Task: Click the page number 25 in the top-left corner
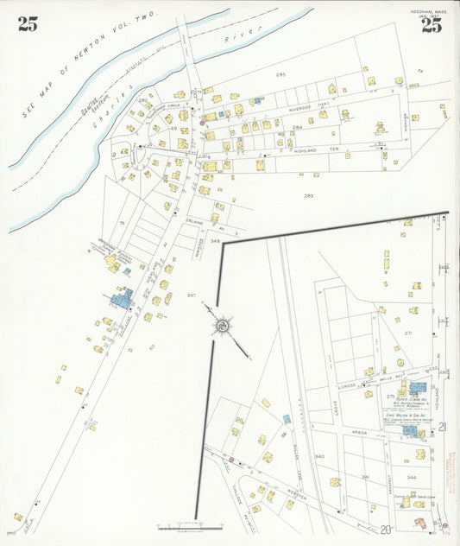tap(28, 24)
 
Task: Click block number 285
tap(280, 76)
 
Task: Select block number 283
tap(308, 195)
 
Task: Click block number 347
tap(191, 295)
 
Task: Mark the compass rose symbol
tap(223, 326)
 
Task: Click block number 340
tap(319, 456)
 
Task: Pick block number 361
tap(365, 476)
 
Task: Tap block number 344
tap(412, 477)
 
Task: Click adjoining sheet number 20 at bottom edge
tap(385, 529)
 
